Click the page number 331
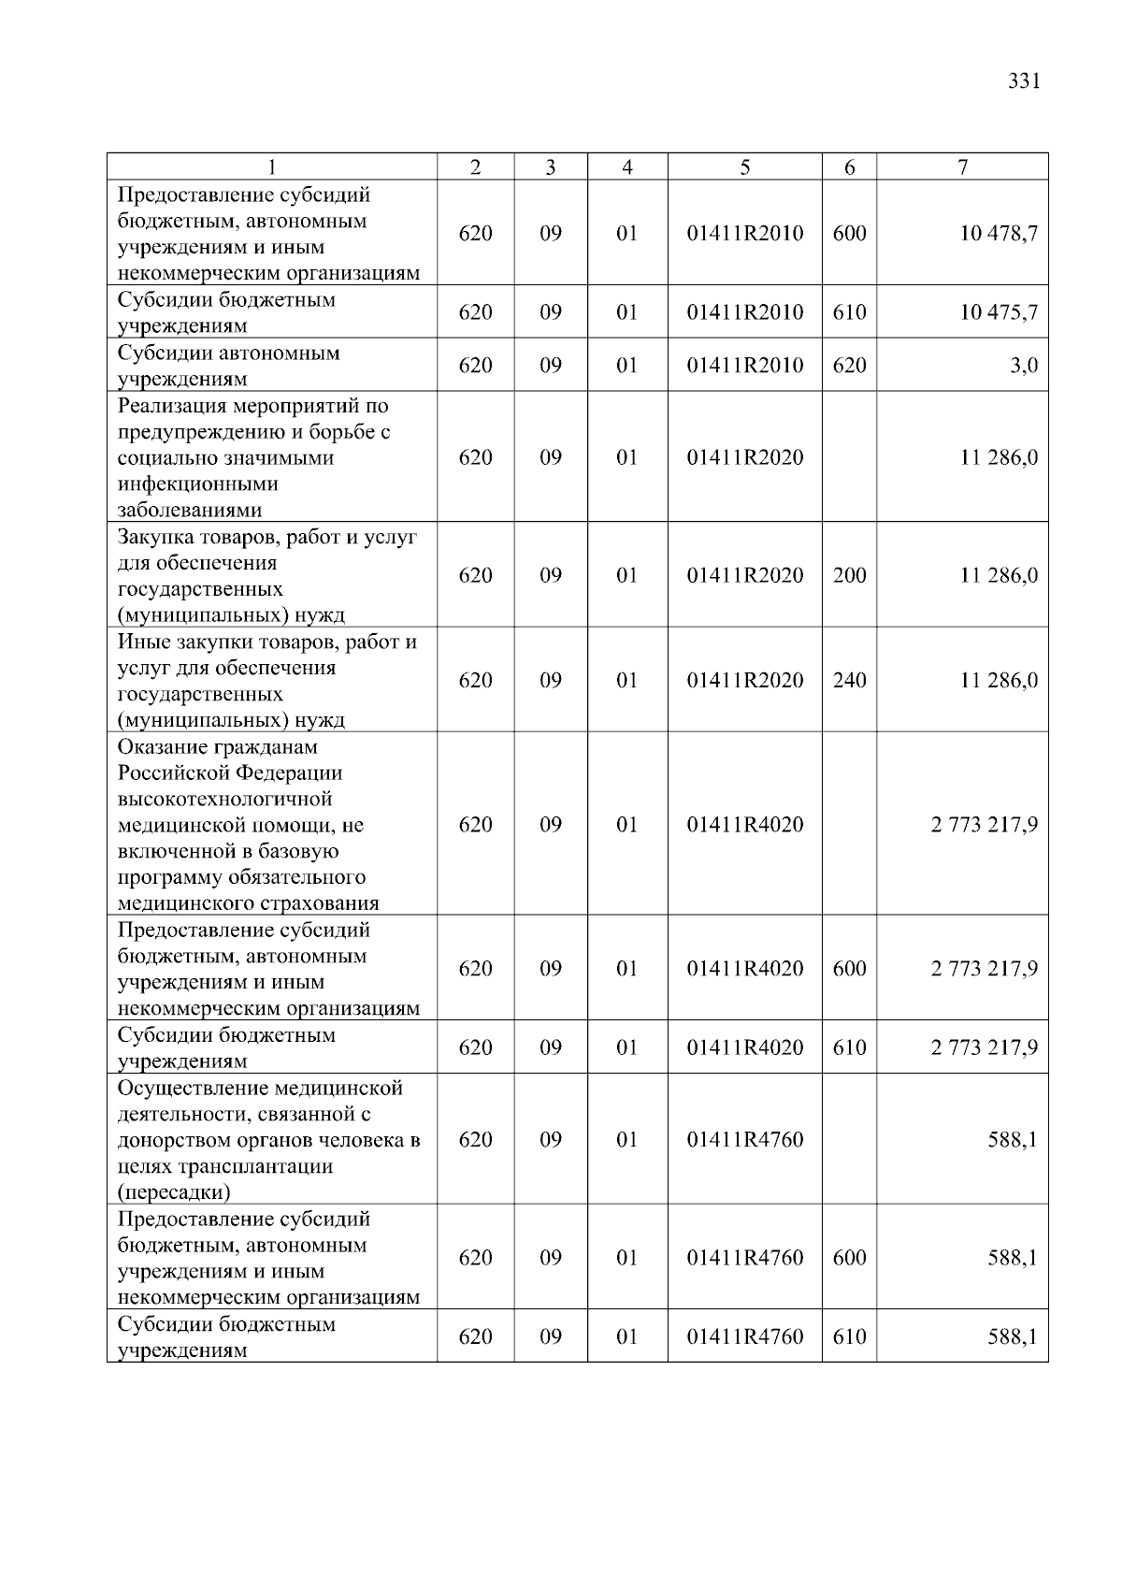1025,81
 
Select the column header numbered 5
744,167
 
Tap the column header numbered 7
962,167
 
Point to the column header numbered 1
271,167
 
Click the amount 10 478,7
999,234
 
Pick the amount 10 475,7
999,312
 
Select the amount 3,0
1024,366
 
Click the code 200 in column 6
849,575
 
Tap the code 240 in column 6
849,680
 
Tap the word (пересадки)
174,1193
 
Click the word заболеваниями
190,511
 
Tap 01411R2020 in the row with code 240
744,680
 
